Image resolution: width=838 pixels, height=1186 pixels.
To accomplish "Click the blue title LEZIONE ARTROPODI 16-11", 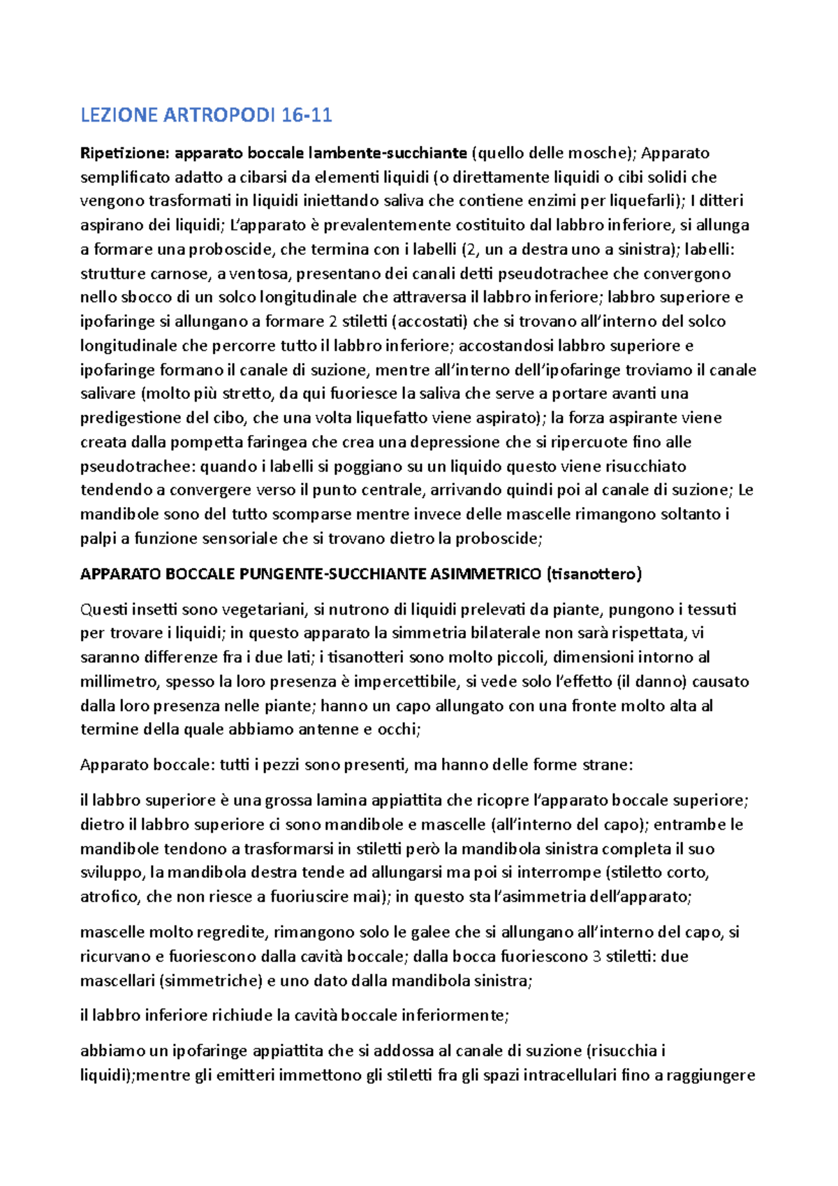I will (206, 115).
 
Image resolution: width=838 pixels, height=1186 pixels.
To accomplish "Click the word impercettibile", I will (403, 682).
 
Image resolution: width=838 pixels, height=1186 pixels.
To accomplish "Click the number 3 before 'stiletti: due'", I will (596, 956).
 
